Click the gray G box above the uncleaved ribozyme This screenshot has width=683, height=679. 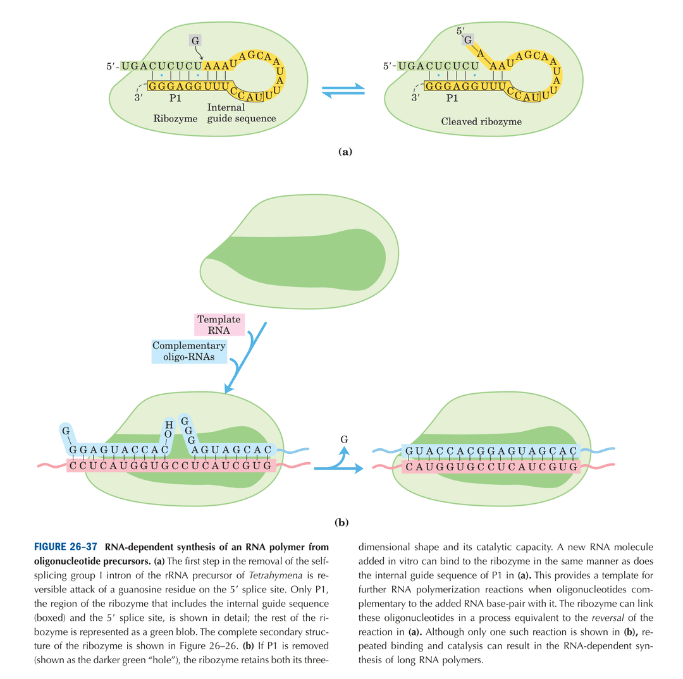point(195,40)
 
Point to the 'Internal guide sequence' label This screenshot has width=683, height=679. point(242,113)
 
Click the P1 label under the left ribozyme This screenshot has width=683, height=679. point(176,99)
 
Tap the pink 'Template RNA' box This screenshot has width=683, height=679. point(219,325)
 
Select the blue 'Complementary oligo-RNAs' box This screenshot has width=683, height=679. point(188,352)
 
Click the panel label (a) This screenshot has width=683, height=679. point(345,152)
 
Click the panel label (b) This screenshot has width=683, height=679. point(341,522)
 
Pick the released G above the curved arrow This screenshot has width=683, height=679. point(343,439)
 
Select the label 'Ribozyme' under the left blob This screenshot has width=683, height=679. point(176,118)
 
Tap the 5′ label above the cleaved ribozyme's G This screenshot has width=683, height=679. point(460,29)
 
